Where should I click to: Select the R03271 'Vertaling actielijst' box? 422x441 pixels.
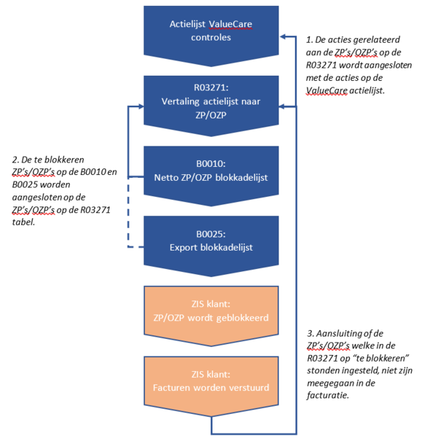pyautogui.click(x=212, y=100)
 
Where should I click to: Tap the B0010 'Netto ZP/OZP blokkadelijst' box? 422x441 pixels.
pyautogui.click(x=212, y=171)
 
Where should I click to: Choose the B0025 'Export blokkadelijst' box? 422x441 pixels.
pyautogui.click(x=212, y=240)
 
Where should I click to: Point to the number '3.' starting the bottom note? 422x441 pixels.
pyautogui.click(x=310, y=333)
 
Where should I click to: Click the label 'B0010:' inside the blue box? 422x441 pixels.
pyautogui.click(x=212, y=162)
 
